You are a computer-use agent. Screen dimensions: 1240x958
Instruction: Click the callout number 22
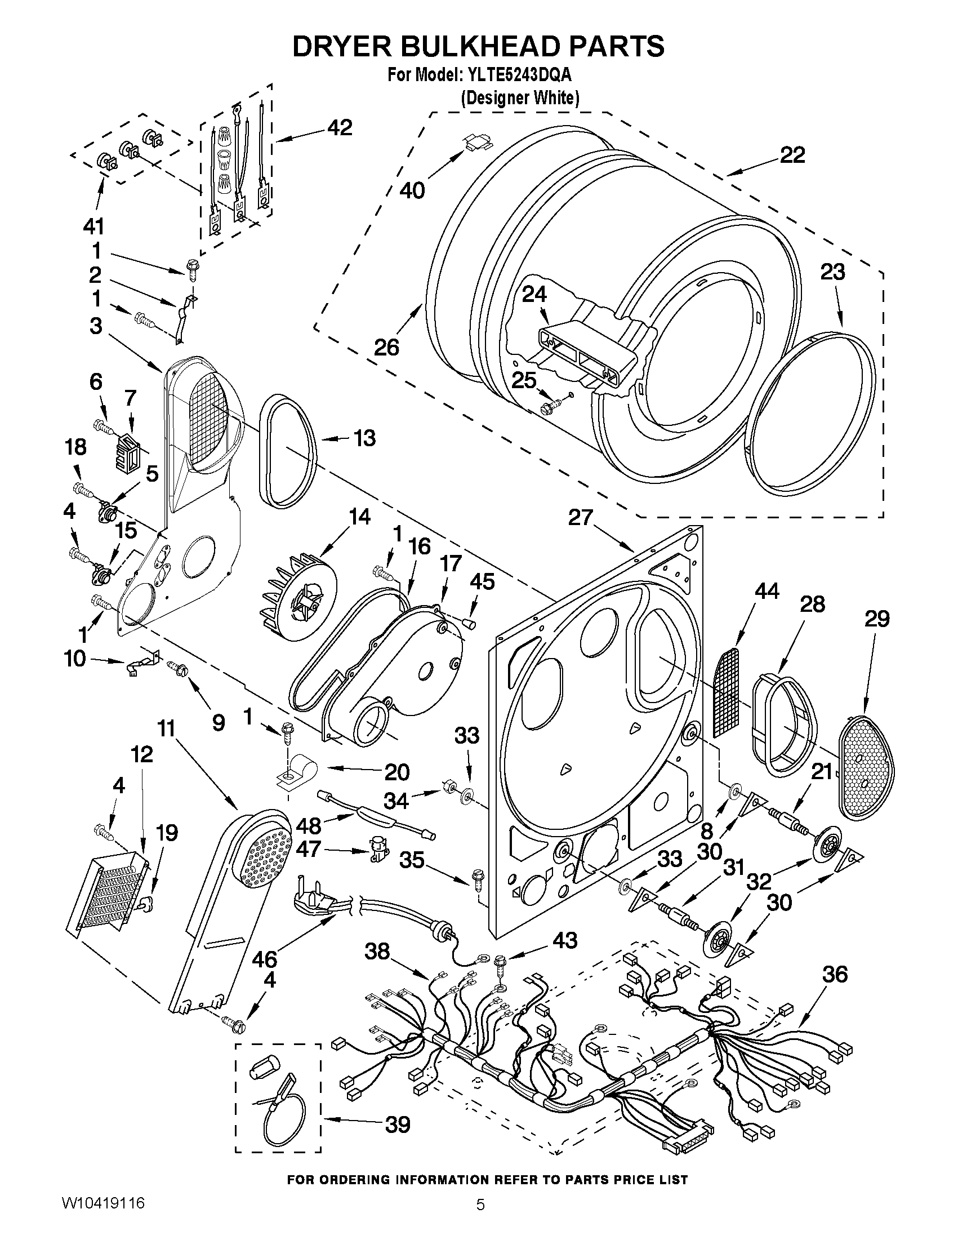point(792,155)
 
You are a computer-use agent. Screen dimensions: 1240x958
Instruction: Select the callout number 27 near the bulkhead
point(580,518)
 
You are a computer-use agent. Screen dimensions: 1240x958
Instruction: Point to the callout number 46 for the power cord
point(265,959)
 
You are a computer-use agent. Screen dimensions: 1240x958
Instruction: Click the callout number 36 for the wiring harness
point(834,974)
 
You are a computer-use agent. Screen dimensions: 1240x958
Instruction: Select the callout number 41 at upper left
point(93,226)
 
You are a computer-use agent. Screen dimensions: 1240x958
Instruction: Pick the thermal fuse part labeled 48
point(375,819)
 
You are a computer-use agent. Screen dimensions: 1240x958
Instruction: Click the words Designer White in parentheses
point(519,98)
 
